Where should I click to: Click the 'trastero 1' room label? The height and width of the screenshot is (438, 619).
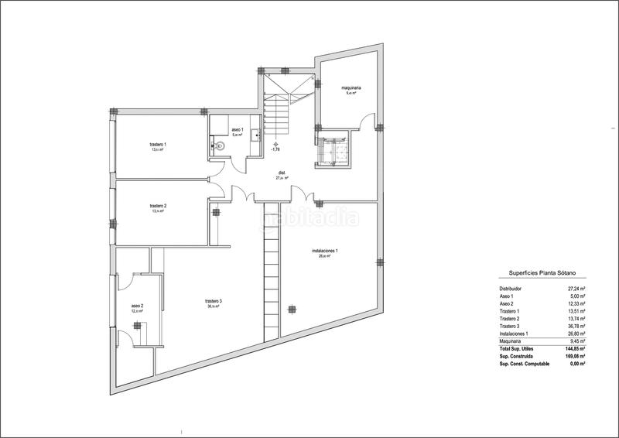point(158,145)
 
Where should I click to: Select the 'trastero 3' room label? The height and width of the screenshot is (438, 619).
point(214,301)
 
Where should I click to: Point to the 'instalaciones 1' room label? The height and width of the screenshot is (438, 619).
point(325,251)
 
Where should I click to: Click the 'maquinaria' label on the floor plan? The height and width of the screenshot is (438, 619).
point(352,89)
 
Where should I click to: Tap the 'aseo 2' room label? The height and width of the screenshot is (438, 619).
point(136,306)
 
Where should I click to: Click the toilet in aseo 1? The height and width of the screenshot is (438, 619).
point(220,145)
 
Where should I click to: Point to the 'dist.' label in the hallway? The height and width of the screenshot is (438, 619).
point(282,173)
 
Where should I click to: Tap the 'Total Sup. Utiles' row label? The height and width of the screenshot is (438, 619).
point(517,348)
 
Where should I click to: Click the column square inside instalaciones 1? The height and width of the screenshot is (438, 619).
point(292,309)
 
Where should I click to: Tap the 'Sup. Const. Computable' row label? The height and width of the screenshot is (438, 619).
point(524,363)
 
